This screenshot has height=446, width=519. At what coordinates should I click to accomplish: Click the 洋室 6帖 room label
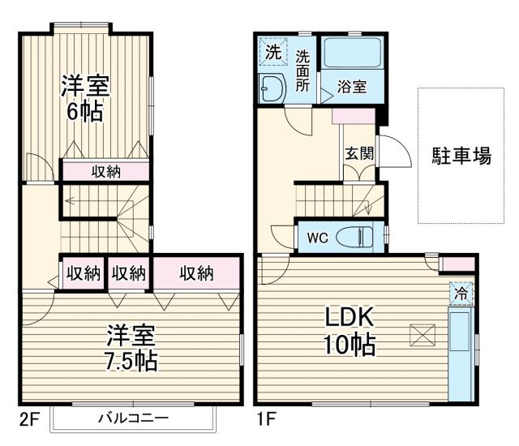84,98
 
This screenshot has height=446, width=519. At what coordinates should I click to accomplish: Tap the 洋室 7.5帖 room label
131,346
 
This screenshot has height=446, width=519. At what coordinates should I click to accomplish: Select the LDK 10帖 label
350,332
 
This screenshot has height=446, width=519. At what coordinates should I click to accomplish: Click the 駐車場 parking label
460,156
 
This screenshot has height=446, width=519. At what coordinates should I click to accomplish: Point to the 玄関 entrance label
358,153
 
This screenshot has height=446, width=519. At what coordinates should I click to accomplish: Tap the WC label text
315,238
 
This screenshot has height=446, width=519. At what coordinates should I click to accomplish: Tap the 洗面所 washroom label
302,71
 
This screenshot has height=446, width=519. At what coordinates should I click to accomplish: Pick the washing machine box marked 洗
273,54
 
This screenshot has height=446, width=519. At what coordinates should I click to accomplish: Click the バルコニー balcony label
134,418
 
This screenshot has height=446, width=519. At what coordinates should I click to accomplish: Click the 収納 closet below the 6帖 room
105,171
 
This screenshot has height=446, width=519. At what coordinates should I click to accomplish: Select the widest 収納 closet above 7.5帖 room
196,272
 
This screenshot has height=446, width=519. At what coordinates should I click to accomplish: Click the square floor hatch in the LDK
422,333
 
